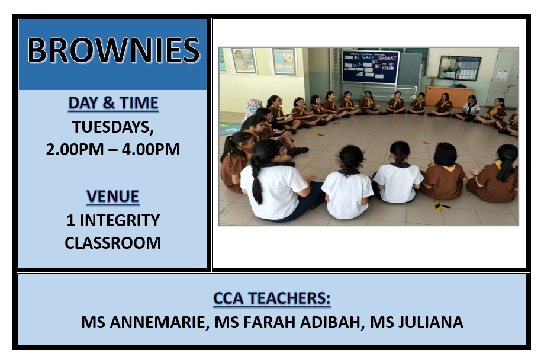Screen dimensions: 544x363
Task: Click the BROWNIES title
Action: pyautogui.click(x=114, y=51)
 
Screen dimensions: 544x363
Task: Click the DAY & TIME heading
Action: pyautogui.click(x=113, y=103)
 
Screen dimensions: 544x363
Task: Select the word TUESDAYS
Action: pyautogui.click(x=112, y=127)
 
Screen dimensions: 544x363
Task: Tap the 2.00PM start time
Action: pyautogui.click(x=75, y=150)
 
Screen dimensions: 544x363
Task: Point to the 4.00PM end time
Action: pyautogui.click(x=151, y=150)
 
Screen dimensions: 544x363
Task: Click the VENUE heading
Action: pyautogui.click(x=112, y=197)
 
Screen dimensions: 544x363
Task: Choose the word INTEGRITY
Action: pyautogui.click(x=120, y=220)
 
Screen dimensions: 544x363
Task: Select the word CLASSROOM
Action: pyautogui.click(x=112, y=243)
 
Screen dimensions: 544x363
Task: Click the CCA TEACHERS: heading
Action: pyautogui.click(x=272, y=298)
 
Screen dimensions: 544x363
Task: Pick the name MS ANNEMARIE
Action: pyautogui.click(x=145, y=322)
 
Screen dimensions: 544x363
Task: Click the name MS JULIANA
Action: pyautogui.click(x=416, y=322)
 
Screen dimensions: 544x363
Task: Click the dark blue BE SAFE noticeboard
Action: pyautogui.click(x=371, y=68)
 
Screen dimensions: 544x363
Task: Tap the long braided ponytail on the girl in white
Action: pyautogui.click(x=256, y=179)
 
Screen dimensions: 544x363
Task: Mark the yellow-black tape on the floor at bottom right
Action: pyautogui.click(x=441, y=206)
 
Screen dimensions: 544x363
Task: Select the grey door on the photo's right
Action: pyautogui.click(x=503, y=77)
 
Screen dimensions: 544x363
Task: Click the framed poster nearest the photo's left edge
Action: pyautogui.click(x=243, y=60)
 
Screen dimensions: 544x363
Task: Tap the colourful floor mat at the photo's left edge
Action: pyautogui.click(x=229, y=129)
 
